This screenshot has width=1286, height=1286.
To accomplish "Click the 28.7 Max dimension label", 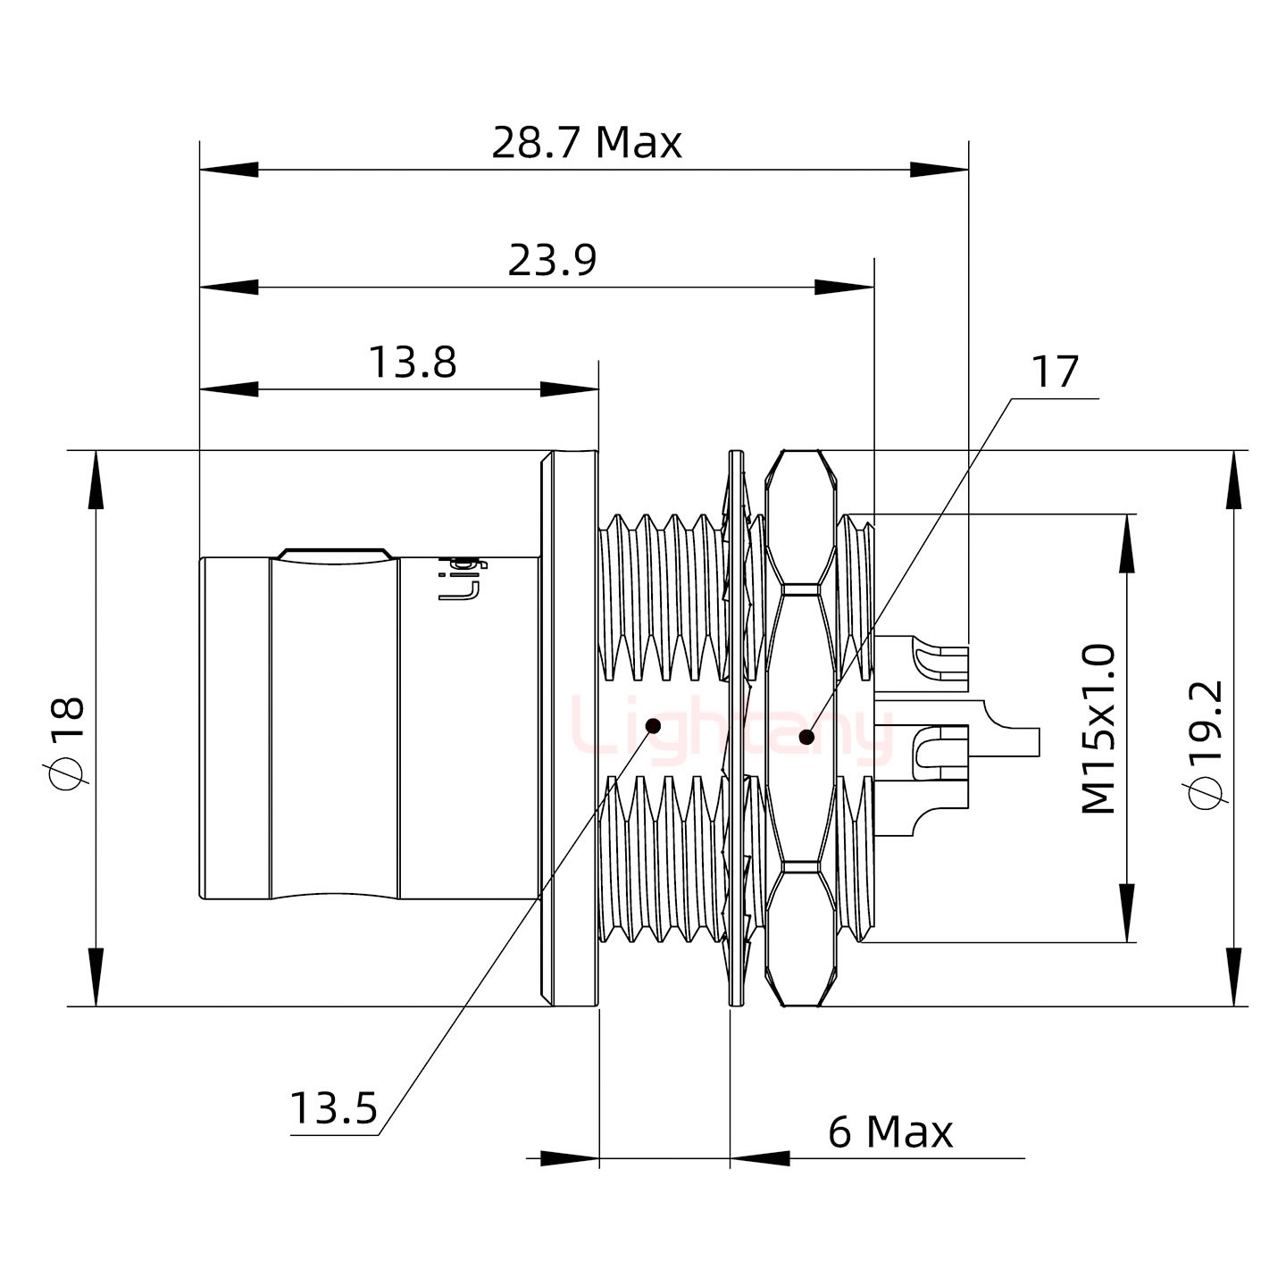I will [586, 143].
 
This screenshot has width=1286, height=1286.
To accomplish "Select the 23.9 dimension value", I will [552, 261].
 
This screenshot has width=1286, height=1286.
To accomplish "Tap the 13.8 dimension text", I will [413, 363].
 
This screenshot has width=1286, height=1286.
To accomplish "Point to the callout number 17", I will [1055, 372].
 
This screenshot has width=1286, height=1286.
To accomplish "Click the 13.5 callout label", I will [333, 1109].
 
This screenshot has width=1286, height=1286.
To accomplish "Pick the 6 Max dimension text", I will [890, 1132].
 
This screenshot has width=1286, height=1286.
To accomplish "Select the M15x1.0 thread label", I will [1098, 728].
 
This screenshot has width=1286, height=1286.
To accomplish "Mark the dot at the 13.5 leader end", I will [653, 725].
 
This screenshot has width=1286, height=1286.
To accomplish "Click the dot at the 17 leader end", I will [806, 737].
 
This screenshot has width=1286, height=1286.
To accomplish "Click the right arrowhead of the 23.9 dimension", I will [845, 288].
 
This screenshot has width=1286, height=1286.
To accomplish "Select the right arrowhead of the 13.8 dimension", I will [570, 389].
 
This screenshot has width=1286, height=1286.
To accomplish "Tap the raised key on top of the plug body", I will [334, 554].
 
